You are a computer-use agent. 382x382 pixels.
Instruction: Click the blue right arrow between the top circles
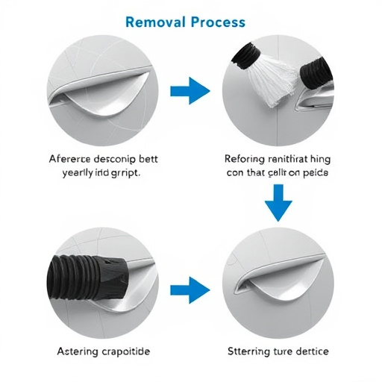[x=190, y=92]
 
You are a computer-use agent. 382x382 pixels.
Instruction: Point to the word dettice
[x=307, y=351]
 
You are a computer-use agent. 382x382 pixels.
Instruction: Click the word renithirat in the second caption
[x=292, y=158]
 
